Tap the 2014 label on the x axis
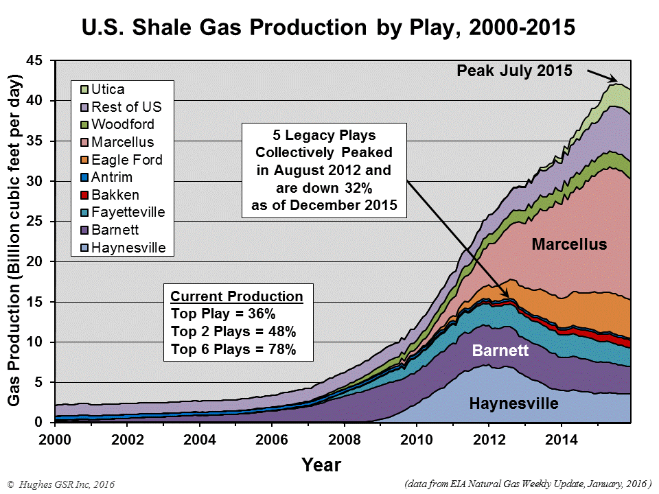pyautogui.click(x=562, y=439)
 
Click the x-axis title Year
pyautogui.click(x=322, y=464)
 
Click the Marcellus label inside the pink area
pyautogui.click(x=569, y=244)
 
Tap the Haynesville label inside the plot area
pyautogui.click(x=513, y=403)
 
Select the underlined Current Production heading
pyautogui.click(x=236, y=297)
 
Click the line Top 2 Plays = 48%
pyautogui.click(x=233, y=331)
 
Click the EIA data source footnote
pyautogui.click(x=527, y=483)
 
